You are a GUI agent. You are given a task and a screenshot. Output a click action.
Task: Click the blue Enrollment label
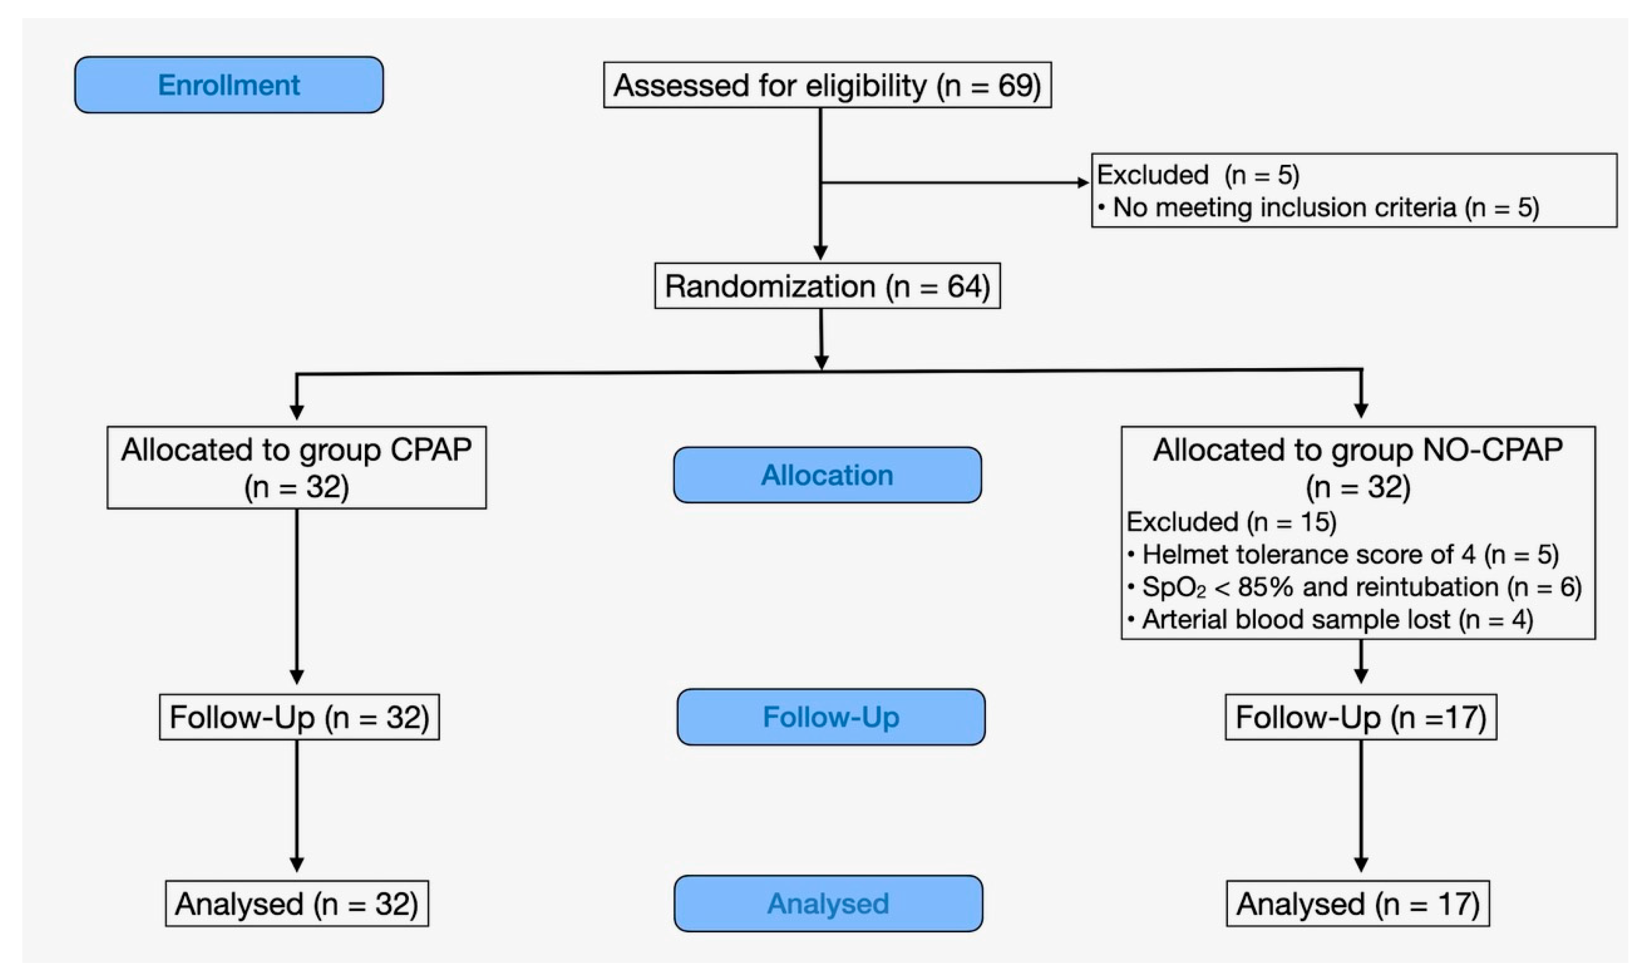click(x=228, y=85)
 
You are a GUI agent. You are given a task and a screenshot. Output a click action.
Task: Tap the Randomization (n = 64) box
click(x=827, y=286)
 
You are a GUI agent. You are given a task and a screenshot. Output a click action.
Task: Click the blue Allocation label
click(x=827, y=475)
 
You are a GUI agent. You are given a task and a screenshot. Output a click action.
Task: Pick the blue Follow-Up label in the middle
click(x=831, y=717)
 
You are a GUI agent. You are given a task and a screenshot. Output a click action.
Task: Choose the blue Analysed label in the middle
click(x=828, y=903)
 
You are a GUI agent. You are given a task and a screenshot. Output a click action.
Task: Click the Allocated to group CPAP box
click(x=296, y=467)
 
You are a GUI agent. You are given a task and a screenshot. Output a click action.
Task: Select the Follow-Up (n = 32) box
click(x=299, y=717)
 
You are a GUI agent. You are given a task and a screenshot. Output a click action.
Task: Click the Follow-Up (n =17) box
click(x=1361, y=717)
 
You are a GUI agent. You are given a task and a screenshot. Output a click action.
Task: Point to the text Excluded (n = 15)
click(x=1231, y=522)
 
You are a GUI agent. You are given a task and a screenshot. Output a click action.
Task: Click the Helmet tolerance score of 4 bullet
click(x=1342, y=554)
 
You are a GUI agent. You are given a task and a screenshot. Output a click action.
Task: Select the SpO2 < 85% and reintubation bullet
click(x=1354, y=586)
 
